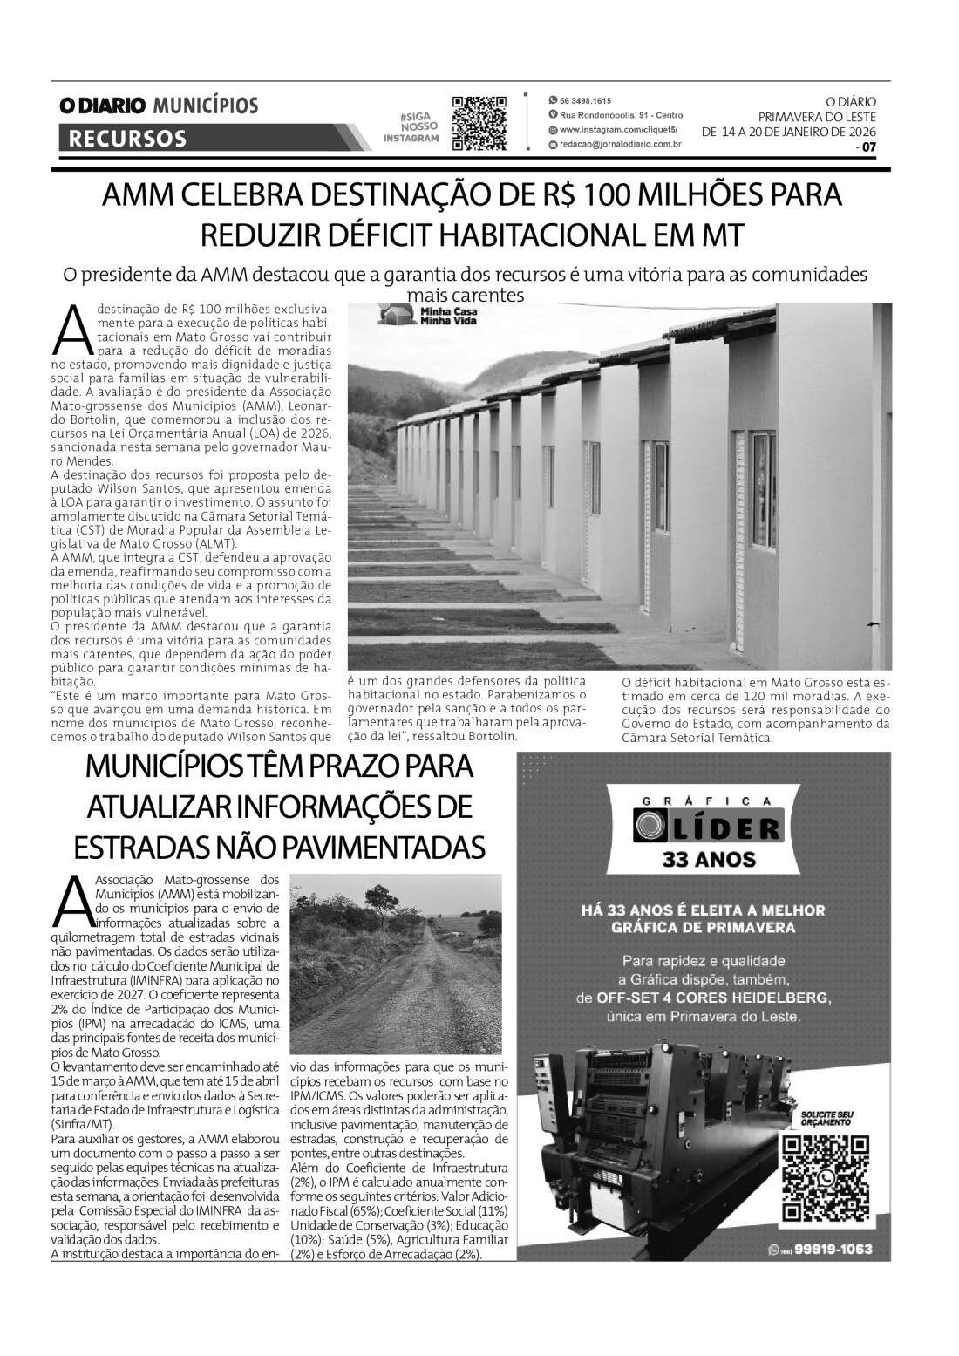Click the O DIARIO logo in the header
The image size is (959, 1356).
(x=102, y=106)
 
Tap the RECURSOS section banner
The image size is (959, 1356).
(x=127, y=139)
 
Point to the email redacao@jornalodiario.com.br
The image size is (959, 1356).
(x=619, y=147)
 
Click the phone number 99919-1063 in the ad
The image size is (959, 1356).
(x=829, y=1250)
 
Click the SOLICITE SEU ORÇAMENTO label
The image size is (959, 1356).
(x=825, y=1120)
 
